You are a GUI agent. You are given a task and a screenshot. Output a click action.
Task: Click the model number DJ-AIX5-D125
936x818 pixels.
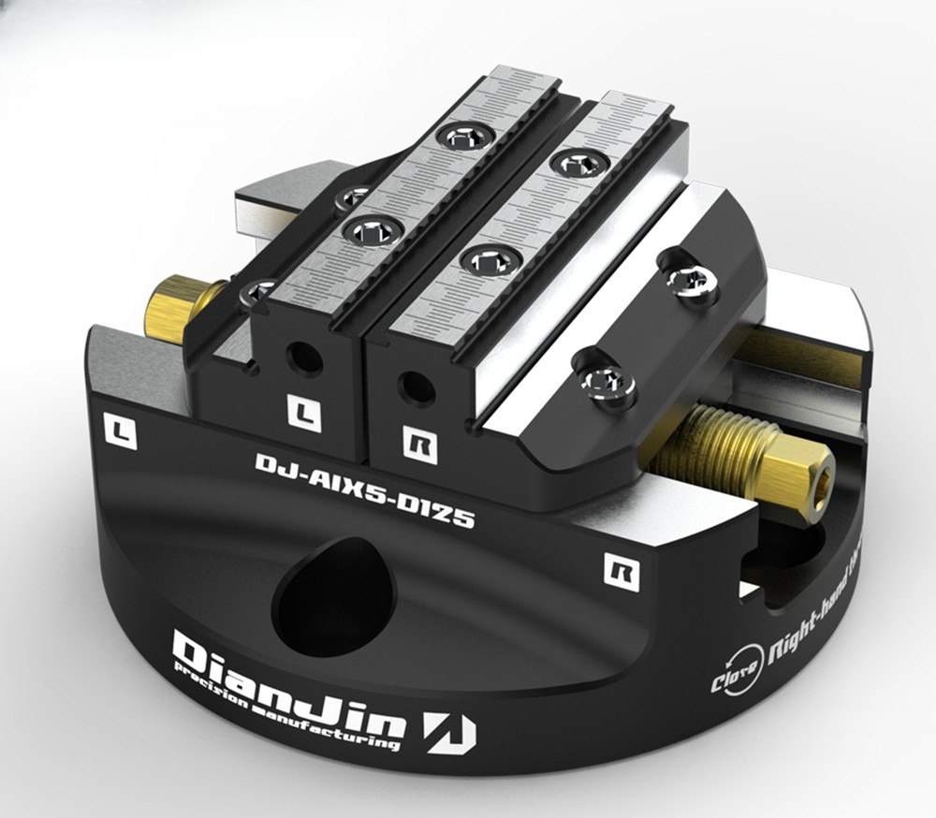364,488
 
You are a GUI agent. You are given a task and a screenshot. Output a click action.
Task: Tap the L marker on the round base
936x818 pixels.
122,432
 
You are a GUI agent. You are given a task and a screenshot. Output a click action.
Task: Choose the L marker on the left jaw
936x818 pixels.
303,411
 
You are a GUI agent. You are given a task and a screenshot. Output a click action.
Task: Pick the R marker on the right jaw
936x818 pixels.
419,443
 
